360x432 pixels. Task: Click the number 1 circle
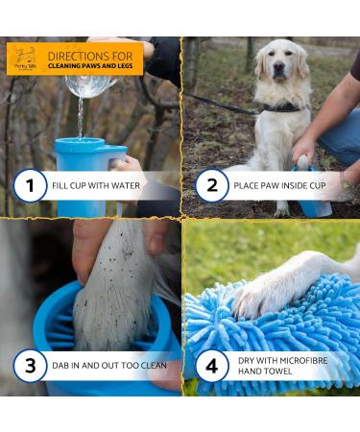(30, 184)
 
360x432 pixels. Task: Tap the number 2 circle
(211, 184)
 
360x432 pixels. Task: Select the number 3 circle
(30, 366)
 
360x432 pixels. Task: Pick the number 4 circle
(211, 366)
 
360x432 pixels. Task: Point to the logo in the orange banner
(24, 60)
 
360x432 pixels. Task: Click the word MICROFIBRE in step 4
(294, 359)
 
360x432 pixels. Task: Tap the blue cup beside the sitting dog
(314, 197)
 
